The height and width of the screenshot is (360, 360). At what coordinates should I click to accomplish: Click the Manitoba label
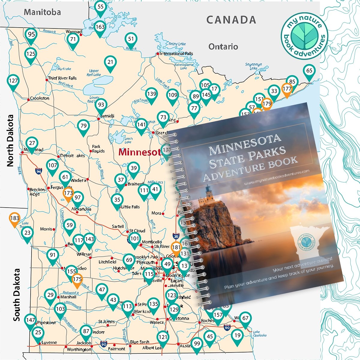pyautogui.click(x=42, y=12)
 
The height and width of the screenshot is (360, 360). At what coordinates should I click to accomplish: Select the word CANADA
pyautogui.click(x=231, y=20)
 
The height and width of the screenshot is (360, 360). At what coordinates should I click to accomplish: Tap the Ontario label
pyautogui.click(x=223, y=46)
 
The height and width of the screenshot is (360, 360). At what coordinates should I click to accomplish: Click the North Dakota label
pyautogui.click(x=10, y=140)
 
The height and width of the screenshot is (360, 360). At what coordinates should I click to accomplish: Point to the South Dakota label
pyautogui.click(x=16, y=295)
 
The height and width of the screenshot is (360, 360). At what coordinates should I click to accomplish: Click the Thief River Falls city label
pyautogui.click(x=62, y=78)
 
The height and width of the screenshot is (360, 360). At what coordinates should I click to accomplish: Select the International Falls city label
pyautogui.click(x=176, y=54)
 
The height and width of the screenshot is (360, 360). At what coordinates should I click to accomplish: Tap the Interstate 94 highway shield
pyautogui.click(x=38, y=171)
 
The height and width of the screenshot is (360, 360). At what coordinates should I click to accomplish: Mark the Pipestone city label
pyautogui.click(x=46, y=323)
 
